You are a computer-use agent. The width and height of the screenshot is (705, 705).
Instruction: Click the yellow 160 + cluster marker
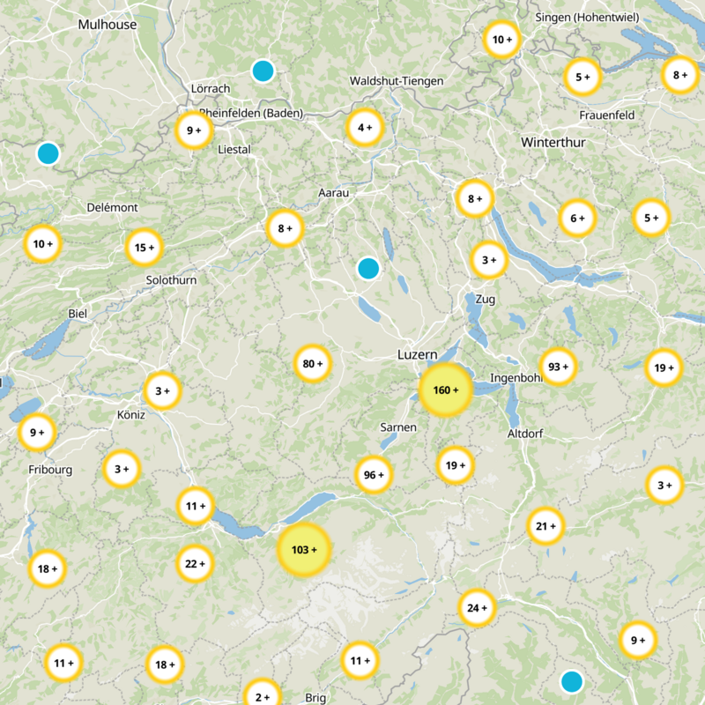446,390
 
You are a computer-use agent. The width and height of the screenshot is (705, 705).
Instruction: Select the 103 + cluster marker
304,550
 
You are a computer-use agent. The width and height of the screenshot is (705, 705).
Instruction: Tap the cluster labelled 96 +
374,475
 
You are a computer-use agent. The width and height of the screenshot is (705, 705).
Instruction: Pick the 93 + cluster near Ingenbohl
558,367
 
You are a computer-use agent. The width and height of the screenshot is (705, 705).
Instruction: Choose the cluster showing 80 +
313,364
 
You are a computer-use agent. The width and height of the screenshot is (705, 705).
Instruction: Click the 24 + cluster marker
478,608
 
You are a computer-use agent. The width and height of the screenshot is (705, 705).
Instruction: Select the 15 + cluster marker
145,249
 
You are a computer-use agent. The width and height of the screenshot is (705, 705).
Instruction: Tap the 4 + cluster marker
365,128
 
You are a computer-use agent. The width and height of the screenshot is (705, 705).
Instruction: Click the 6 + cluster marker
577,219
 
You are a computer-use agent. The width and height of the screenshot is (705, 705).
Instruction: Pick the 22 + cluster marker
195,563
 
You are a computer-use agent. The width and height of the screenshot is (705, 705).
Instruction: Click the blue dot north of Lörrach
263,70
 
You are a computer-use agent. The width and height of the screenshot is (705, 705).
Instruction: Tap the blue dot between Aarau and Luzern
368,268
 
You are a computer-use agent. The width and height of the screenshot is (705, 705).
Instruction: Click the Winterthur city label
552,142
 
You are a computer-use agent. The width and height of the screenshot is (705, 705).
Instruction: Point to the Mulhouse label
108,25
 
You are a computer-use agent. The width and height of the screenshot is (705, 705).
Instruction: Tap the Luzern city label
417,354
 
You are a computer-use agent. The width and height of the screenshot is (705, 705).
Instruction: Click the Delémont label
112,207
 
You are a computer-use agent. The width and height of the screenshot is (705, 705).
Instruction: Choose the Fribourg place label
49,470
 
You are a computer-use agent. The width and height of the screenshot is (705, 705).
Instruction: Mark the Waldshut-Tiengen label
397,81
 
